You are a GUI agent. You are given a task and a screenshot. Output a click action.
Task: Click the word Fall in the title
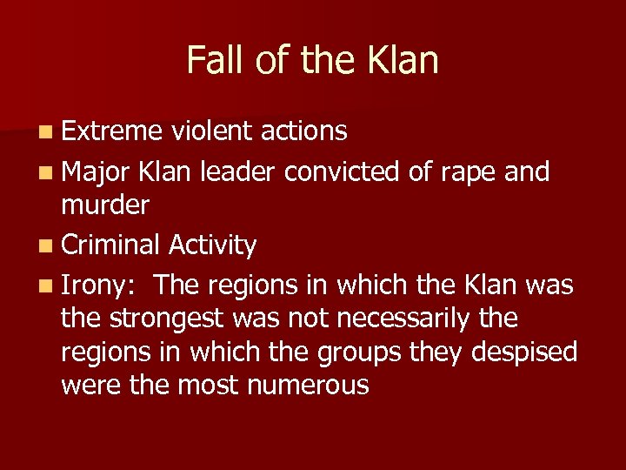(x=213, y=61)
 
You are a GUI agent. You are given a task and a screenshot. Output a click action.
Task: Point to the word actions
(x=303, y=131)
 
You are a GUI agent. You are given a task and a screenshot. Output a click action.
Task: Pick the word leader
(x=237, y=172)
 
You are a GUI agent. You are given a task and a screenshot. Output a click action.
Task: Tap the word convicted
(x=343, y=172)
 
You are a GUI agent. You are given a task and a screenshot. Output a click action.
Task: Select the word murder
(x=105, y=205)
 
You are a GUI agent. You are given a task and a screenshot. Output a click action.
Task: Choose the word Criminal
(x=110, y=246)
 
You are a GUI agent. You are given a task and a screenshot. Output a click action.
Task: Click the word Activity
(x=212, y=247)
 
